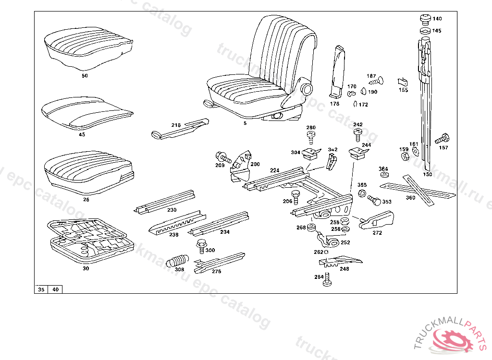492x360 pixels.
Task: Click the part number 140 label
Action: pyautogui.click(x=437, y=19)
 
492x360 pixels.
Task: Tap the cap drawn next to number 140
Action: pyautogui.click(x=424, y=19)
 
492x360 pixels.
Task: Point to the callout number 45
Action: pyautogui.click(x=82, y=135)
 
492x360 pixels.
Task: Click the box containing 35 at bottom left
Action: pyautogui.click(x=41, y=289)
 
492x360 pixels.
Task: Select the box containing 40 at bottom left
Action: pyautogui.click(x=56, y=289)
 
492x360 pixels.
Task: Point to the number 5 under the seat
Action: pyautogui.click(x=245, y=123)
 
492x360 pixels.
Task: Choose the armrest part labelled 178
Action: pyautogui.click(x=337, y=72)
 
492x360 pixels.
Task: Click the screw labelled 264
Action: pyautogui.click(x=327, y=279)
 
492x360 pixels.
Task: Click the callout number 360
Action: pyautogui.click(x=410, y=197)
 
